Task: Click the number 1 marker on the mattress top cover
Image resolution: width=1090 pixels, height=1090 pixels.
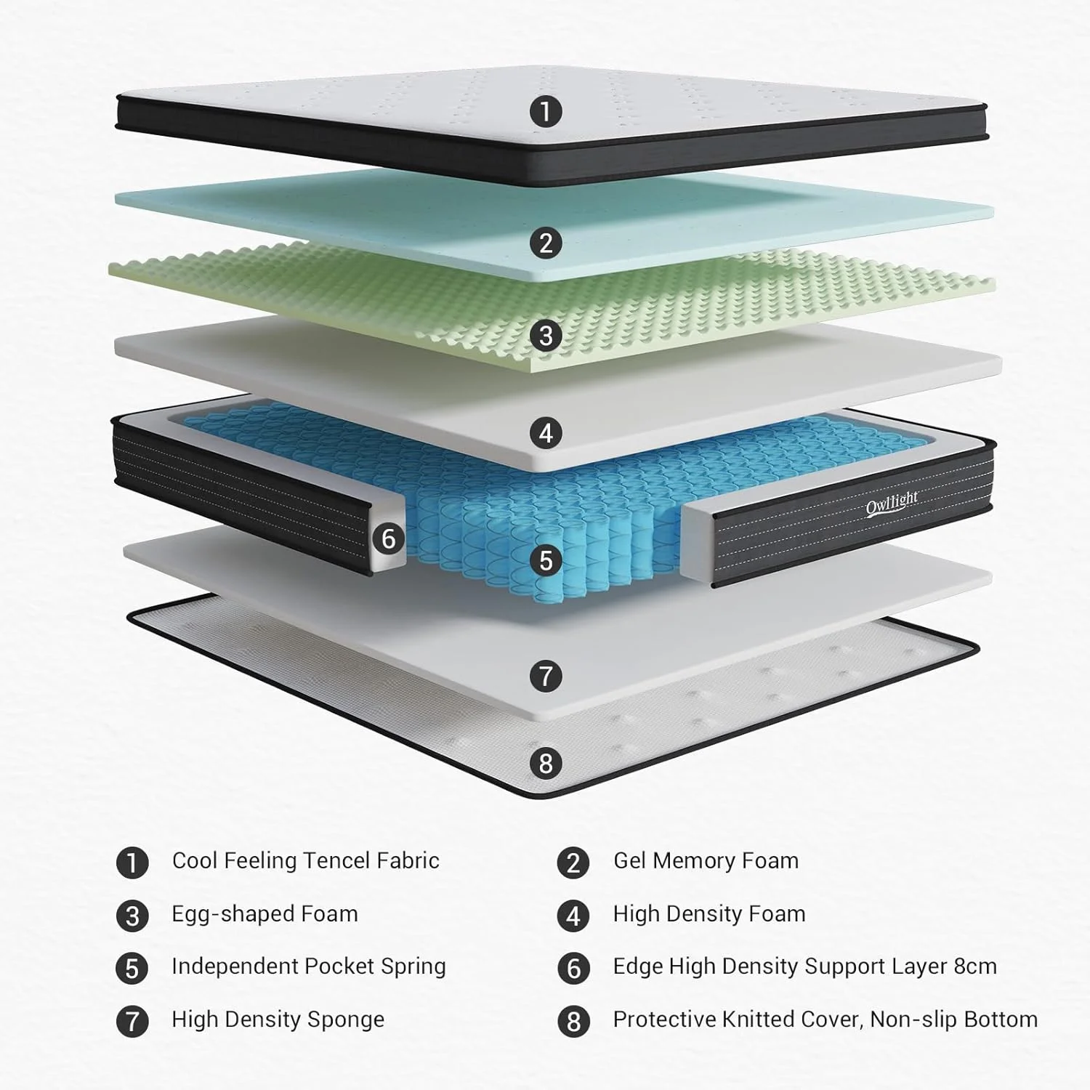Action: [x=546, y=112]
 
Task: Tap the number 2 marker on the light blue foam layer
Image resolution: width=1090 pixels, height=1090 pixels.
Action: [x=546, y=243]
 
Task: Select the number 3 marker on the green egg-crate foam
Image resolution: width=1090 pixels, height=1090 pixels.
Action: [x=546, y=336]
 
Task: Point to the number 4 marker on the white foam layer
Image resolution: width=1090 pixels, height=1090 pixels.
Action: [x=546, y=433]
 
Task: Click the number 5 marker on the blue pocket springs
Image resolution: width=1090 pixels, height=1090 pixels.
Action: [x=546, y=560]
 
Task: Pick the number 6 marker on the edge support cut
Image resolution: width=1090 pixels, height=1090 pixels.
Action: [x=389, y=538]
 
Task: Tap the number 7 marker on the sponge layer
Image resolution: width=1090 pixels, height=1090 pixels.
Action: [x=546, y=676]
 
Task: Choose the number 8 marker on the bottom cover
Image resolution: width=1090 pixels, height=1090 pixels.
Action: [x=546, y=763]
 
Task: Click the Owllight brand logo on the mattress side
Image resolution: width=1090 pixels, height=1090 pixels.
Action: [x=892, y=503]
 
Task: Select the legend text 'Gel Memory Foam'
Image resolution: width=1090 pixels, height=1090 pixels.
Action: [x=706, y=861]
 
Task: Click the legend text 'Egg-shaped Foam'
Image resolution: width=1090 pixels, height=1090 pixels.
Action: [x=265, y=914]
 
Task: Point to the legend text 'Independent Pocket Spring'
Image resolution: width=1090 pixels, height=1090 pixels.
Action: [x=308, y=966]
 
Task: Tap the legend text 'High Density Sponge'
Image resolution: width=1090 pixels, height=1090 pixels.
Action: [x=278, y=1020]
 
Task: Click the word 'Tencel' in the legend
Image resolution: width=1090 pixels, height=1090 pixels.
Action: [x=336, y=861]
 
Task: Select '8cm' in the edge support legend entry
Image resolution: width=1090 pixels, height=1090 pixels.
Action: [x=975, y=966]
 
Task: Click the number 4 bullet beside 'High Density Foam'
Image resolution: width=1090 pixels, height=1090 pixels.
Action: [x=573, y=916]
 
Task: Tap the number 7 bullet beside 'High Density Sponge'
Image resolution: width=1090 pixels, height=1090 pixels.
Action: [x=132, y=1021]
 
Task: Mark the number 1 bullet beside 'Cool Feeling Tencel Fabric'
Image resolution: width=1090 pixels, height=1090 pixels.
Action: [x=132, y=863]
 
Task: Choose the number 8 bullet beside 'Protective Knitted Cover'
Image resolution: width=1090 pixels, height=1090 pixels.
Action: [x=573, y=1021]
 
